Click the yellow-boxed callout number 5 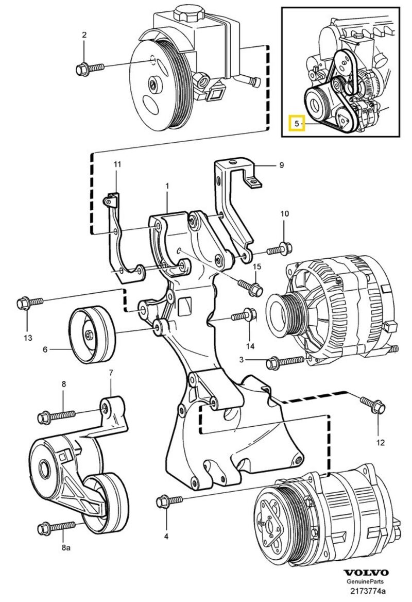tap(297, 124)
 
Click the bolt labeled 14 tap(243, 315)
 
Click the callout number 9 tap(281, 165)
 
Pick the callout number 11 tap(117, 164)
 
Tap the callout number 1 tap(167, 185)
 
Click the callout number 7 tap(110, 372)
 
